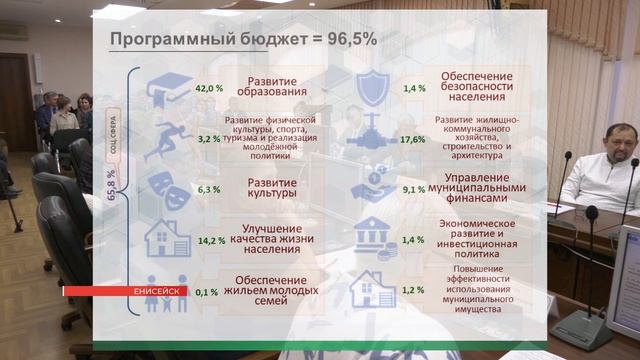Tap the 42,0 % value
click(209, 88)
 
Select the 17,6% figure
click(412, 139)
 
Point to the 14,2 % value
click(211, 240)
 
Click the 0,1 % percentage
click(207, 292)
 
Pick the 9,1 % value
click(413, 189)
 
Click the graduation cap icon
click(169, 90)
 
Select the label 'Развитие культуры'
click(271, 188)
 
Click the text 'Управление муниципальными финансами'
click(483, 187)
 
